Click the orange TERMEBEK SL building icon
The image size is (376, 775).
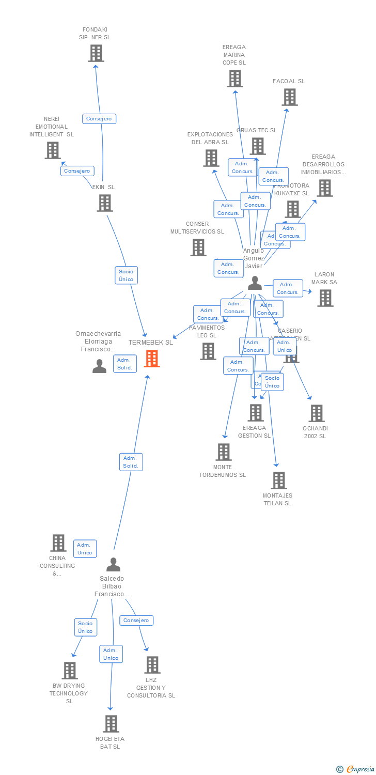tap(152, 358)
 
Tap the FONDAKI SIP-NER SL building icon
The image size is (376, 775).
tap(96, 53)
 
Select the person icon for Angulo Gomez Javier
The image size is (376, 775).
tap(255, 283)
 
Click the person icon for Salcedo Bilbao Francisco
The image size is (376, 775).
tap(113, 564)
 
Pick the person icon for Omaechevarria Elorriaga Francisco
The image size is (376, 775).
tap(99, 366)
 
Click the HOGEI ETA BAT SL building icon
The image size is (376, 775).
tap(111, 724)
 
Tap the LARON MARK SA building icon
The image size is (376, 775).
tap(325, 298)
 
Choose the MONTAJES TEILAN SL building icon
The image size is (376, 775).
tap(279, 481)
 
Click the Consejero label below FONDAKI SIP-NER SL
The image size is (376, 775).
tap(99, 119)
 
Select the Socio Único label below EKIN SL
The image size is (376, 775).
tap(126, 275)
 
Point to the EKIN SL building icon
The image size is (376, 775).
tap(105, 203)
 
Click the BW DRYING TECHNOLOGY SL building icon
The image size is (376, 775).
tap(70, 671)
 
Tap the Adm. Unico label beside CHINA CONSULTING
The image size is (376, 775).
tap(85, 549)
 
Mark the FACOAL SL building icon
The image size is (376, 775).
tap(289, 97)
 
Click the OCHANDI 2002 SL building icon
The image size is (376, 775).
tap(317, 413)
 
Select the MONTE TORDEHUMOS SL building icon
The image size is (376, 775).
tap(223, 452)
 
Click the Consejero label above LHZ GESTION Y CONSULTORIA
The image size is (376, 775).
tap(136, 621)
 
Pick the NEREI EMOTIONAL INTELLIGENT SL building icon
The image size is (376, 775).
tap(53, 150)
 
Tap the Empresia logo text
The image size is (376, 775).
tap(360, 769)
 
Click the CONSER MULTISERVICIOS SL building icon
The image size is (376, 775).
tap(198, 247)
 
